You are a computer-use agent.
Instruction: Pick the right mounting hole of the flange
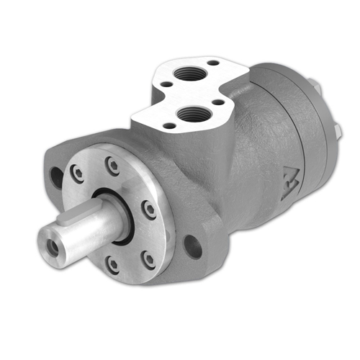click(192, 247)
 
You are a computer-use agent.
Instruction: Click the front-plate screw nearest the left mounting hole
click(77, 173)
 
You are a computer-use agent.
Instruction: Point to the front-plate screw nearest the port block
click(113, 166)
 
